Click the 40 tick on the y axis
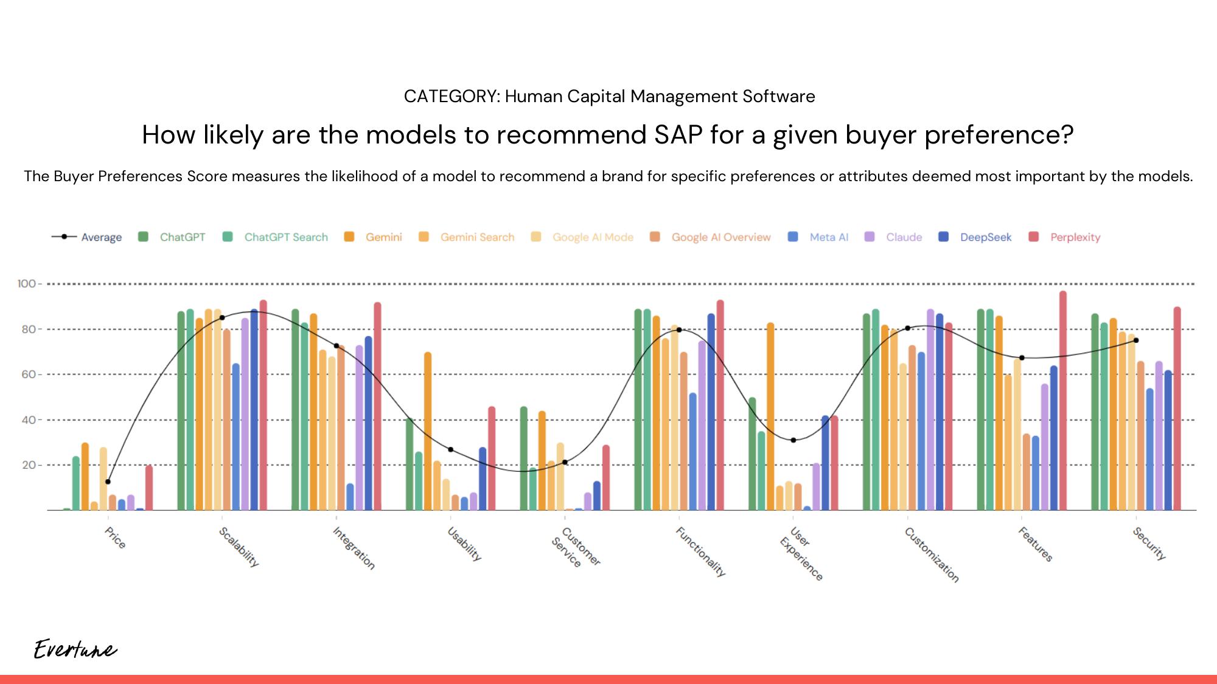(29, 420)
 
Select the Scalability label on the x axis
(239, 547)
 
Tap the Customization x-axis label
(931, 554)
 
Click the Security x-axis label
(1149, 543)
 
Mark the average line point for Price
(108, 482)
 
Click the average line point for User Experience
(793, 440)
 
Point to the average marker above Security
(1136, 340)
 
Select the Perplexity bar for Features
(1062, 401)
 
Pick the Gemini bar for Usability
(428, 431)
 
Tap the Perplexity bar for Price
(149, 488)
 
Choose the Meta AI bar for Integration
(350, 497)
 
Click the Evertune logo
(75, 649)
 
